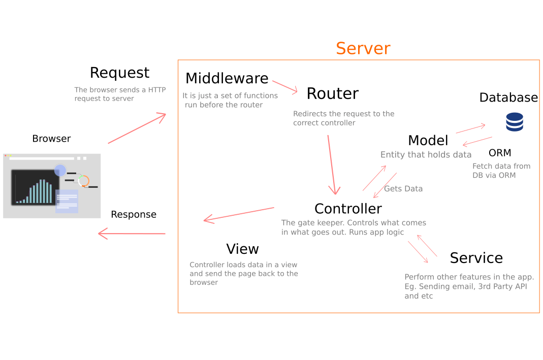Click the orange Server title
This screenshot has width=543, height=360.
click(x=363, y=49)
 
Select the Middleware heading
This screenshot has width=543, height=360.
click(x=227, y=79)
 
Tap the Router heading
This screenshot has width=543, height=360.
click(x=332, y=94)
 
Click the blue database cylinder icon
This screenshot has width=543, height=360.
click(x=514, y=122)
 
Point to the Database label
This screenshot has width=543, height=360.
click(x=508, y=97)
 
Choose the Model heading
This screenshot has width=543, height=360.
click(x=428, y=141)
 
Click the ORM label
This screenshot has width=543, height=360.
click(x=500, y=153)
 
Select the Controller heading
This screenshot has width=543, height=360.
click(x=348, y=209)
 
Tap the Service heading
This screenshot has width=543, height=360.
click(x=476, y=258)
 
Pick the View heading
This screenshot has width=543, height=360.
click(x=242, y=249)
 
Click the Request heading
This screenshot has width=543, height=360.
click(x=119, y=73)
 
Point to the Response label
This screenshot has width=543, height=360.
click(x=134, y=214)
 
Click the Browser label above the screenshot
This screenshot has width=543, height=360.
click(x=51, y=139)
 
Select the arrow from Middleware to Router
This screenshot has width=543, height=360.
click(x=285, y=86)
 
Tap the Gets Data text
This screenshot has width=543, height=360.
click(x=403, y=189)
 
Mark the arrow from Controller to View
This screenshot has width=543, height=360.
click(x=239, y=214)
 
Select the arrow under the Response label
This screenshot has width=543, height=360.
click(x=132, y=234)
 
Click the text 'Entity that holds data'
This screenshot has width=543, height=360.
click(x=426, y=155)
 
